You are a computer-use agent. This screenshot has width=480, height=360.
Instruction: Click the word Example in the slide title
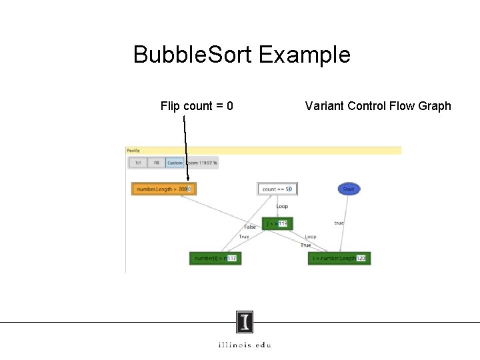304,55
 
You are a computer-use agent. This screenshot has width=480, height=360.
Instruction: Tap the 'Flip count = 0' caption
197,106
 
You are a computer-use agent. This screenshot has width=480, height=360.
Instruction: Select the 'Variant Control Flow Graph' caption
378,106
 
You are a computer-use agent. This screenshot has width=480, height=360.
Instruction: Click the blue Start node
348,189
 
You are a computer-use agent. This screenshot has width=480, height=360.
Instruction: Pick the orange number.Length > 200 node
164,189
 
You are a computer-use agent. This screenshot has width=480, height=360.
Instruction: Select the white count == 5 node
277,189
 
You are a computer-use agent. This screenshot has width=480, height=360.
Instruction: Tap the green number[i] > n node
215,258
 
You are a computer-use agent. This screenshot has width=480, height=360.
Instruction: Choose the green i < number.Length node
339,258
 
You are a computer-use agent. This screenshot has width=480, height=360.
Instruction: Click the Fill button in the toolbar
157,163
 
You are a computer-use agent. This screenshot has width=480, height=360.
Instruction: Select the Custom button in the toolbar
175,163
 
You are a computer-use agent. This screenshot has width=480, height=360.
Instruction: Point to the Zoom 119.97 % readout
202,163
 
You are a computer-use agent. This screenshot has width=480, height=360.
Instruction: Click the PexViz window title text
132,151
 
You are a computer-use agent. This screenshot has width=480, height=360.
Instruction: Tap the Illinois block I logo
245,323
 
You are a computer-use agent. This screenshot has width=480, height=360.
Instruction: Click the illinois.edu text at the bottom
245,345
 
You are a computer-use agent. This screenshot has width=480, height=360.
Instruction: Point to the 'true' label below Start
339,223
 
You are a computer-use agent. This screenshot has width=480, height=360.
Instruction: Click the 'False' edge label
249,227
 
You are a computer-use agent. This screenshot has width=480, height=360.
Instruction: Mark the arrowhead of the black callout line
189,179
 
